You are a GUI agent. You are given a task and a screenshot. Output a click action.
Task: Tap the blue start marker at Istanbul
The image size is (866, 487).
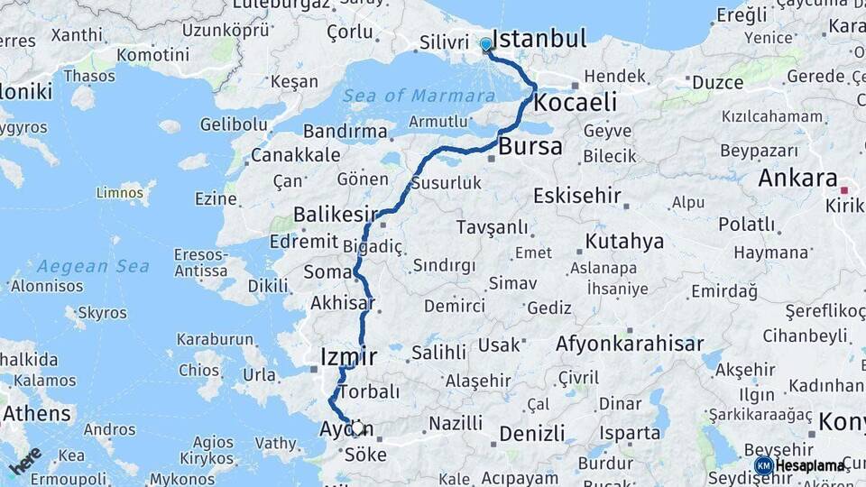click(486, 44)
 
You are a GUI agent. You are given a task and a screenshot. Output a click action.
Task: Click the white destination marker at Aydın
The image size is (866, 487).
click(357, 428)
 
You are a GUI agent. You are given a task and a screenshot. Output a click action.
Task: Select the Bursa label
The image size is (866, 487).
click(530, 146)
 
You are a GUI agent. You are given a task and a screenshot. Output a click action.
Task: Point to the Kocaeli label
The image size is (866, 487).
click(576, 102)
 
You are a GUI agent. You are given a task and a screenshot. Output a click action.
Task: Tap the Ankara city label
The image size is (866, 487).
click(797, 178)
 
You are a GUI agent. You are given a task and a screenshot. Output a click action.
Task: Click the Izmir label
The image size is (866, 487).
click(348, 357)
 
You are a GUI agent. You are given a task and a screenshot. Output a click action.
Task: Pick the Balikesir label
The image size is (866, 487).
click(334, 215)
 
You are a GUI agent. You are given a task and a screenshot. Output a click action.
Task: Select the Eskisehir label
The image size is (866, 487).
click(577, 196)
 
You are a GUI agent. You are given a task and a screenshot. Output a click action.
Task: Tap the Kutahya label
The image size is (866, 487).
click(624, 241)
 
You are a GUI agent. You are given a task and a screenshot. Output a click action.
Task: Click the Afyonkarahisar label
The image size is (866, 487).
click(629, 344)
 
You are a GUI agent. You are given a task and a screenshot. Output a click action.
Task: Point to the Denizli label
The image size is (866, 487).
click(532, 433)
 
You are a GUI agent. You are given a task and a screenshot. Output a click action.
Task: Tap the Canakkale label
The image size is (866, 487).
click(296, 155)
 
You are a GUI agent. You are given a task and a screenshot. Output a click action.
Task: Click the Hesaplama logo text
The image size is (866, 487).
click(810, 465)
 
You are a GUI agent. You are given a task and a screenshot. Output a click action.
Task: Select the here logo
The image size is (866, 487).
click(26, 460)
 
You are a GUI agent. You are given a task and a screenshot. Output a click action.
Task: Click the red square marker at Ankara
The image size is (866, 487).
click(844, 190)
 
